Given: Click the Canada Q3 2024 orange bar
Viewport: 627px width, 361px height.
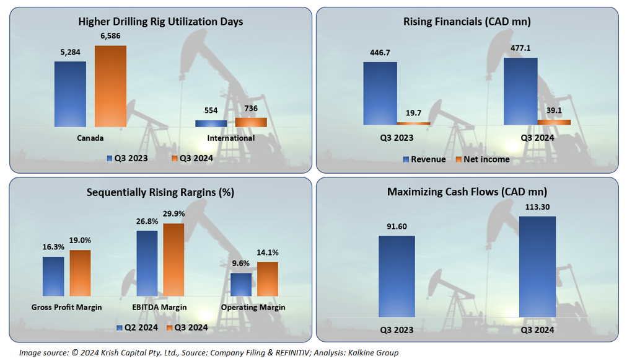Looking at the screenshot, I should click(x=110, y=86).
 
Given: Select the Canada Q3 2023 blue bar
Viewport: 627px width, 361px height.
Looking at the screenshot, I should click(x=70, y=94).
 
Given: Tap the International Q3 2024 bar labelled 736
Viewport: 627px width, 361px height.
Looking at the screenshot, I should click(x=251, y=122).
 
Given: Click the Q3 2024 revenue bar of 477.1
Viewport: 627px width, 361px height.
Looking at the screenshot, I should click(x=520, y=91).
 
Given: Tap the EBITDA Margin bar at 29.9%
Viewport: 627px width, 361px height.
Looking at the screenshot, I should click(x=173, y=259).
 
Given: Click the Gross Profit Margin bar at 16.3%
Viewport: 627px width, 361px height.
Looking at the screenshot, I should click(x=53, y=276).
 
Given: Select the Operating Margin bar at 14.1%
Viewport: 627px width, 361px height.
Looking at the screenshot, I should click(x=268, y=279).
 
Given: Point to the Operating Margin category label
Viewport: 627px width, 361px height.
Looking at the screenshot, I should click(x=253, y=307).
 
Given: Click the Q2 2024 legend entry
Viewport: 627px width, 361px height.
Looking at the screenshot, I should click(x=136, y=327).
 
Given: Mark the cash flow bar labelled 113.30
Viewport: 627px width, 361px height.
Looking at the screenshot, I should click(x=537, y=267).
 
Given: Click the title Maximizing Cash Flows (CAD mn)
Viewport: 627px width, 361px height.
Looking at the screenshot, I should click(x=467, y=192).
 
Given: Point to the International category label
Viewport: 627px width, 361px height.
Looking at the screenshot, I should click(x=230, y=138).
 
